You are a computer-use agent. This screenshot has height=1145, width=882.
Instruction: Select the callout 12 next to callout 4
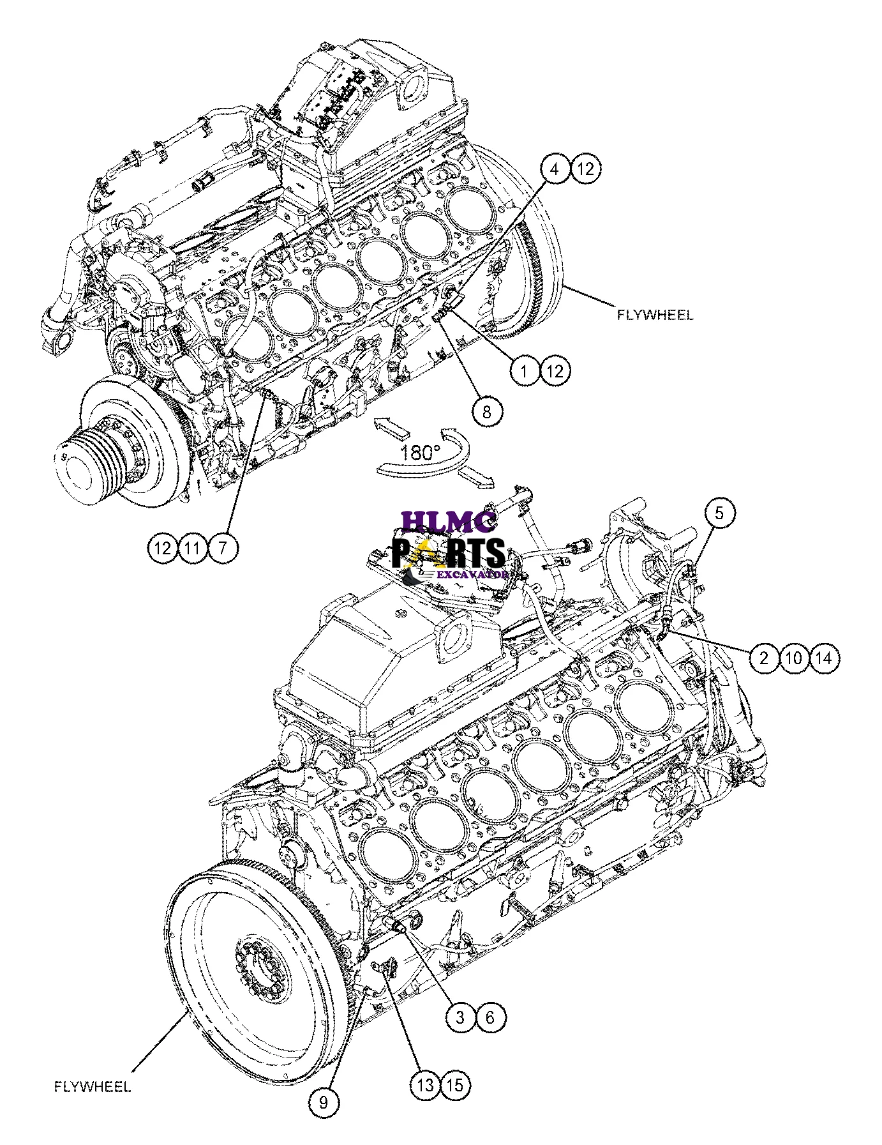(x=586, y=169)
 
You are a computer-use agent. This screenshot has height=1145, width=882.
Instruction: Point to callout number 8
(x=487, y=411)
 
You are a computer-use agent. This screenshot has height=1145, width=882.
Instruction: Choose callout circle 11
(x=193, y=547)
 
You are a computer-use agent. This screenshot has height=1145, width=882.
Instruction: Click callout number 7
(x=222, y=547)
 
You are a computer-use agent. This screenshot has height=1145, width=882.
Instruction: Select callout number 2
(x=765, y=657)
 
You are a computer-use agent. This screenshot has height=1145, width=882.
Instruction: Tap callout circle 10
(x=794, y=657)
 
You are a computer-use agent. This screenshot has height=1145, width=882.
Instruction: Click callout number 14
(x=824, y=657)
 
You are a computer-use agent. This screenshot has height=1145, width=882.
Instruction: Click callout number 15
(x=455, y=1085)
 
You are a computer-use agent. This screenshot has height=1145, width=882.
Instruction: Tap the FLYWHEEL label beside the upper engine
(x=654, y=315)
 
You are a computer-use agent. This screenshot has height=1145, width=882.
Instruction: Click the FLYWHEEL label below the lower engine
(x=93, y=1086)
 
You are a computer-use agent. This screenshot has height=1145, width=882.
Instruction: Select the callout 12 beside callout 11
(x=163, y=547)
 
